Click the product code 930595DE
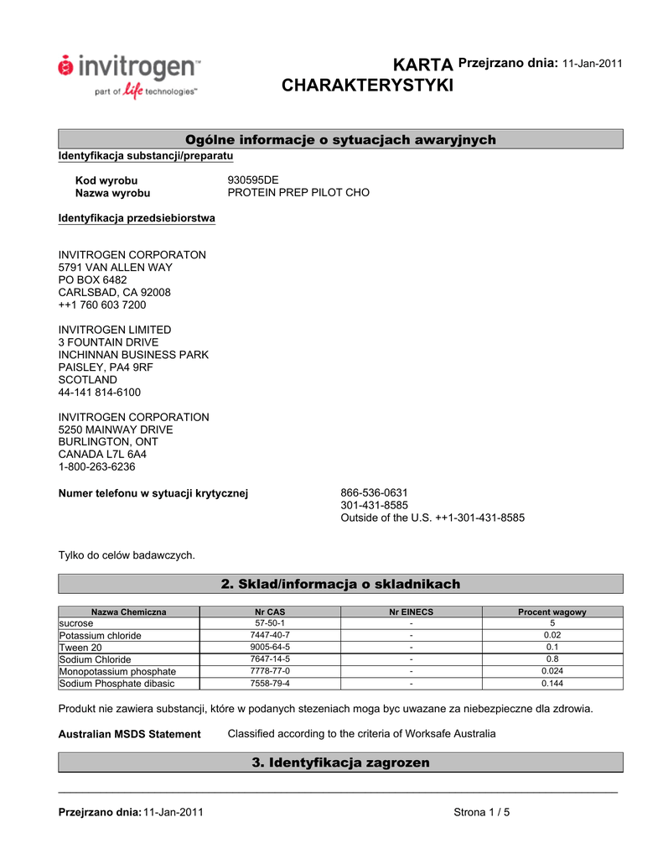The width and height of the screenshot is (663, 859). coord(253,180)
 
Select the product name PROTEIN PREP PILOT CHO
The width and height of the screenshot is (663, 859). coord(298,193)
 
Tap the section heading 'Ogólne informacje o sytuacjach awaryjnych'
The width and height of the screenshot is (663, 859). coord(340,139)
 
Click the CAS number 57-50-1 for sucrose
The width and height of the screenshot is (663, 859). coord(270,624)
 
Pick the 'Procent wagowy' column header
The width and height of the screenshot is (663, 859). coord(552,612)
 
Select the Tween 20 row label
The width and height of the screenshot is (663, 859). coord(80,648)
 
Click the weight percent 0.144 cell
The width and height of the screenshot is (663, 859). coord(552,684)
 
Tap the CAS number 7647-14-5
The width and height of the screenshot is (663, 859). coord(270,659)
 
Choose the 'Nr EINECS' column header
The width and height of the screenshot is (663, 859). coord(411,612)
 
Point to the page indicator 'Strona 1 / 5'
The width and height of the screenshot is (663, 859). coord(482,812)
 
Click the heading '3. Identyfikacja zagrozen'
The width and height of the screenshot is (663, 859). coord(340,763)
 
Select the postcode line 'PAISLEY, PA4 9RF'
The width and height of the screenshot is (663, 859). coord(106,367)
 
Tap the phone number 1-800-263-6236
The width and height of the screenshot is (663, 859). coord(96,467)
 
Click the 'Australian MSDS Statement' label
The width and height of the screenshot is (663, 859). coord(129,735)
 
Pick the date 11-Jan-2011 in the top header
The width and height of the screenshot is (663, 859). coord(592,65)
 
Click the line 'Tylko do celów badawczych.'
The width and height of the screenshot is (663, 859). coord(127,555)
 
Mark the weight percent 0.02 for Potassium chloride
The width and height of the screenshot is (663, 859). coord(552,636)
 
